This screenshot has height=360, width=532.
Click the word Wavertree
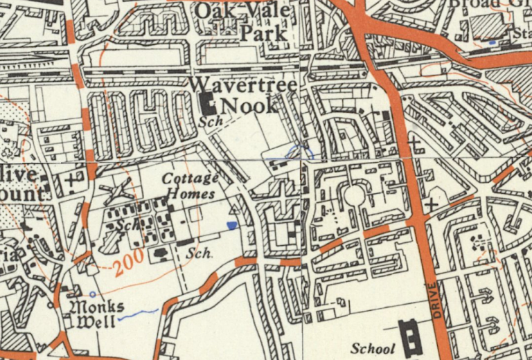coord(242,84)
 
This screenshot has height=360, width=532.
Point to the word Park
coord(263,33)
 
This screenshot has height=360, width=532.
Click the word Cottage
coord(190,179)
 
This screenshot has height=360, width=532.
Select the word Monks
coord(96,307)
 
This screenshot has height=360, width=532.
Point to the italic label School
coord(372,348)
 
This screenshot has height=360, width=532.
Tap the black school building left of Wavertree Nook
coord(207,104)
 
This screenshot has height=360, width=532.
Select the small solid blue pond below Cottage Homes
coord(231,225)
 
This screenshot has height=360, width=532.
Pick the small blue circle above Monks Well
coord(93,294)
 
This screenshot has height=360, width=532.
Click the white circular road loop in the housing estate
coord(354,196)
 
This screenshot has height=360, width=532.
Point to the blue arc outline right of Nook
coord(303,149)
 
